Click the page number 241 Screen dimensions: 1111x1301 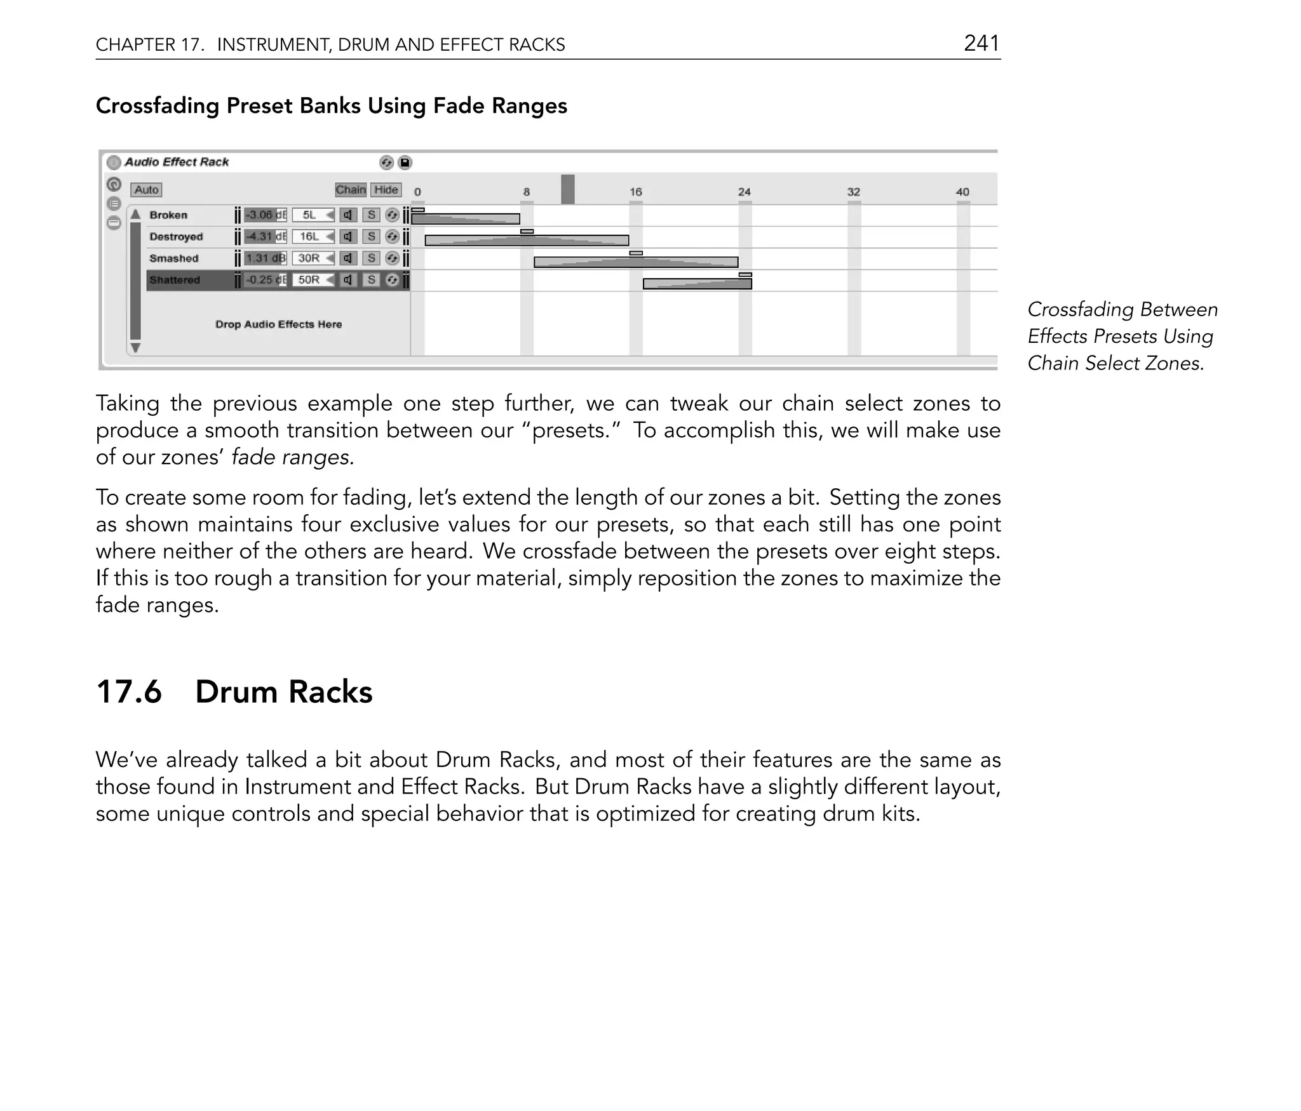[x=981, y=43]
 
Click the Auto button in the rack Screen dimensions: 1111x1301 [x=146, y=190]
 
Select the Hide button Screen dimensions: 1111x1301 [x=386, y=190]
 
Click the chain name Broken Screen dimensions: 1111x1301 [x=168, y=215]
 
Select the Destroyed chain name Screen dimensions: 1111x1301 [x=176, y=237]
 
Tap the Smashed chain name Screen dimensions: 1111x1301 [x=173, y=258]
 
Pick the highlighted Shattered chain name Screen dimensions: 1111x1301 [x=175, y=280]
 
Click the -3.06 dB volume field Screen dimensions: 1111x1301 [x=265, y=215]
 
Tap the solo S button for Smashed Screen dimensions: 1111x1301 [x=372, y=258]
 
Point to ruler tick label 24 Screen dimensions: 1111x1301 [x=745, y=192]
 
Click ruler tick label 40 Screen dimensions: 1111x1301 [x=962, y=192]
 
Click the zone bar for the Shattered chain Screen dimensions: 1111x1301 [x=697, y=284]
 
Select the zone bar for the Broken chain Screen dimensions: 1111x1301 [x=465, y=219]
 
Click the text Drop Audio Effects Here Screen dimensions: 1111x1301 [x=278, y=324]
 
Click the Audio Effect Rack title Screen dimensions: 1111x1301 [x=176, y=162]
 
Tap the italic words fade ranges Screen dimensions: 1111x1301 [x=292, y=457]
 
